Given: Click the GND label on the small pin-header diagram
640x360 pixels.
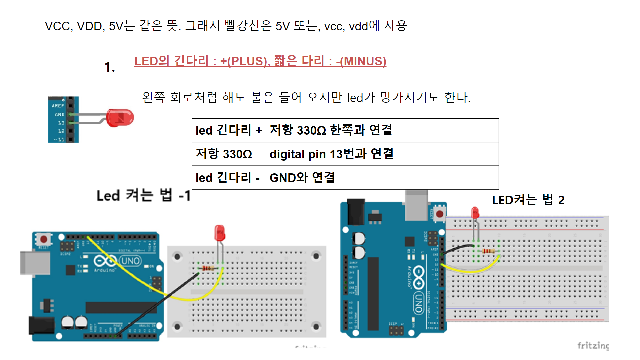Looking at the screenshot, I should pyautogui.click(x=59, y=115).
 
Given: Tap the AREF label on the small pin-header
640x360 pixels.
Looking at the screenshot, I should pyautogui.click(x=58, y=106).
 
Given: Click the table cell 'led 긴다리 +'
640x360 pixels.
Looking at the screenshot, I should pyautogui.click(x=229, y=130).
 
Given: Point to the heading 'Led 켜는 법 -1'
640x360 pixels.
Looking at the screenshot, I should pyautogui.click(x=144, y=195).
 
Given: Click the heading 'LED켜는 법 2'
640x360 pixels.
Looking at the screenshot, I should pyautogui.click(x=528, y=200).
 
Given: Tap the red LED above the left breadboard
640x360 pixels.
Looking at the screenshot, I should pyautogui.click(x=219, y=233).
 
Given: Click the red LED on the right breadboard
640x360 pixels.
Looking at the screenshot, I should pyautogui.click(x=475, y=213).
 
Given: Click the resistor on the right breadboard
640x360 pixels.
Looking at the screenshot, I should pyautogui.click(x=488, y=251).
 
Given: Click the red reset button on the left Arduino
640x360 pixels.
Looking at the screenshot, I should pyautogui.click(x=44, y=239).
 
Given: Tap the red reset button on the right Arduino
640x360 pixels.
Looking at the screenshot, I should pyautogui.click(x=439, y=214).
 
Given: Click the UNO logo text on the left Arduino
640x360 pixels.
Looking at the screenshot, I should pyautogui.click(x=131, y=261).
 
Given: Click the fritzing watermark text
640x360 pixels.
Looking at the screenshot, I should pyautogui.click(x=593, y=345).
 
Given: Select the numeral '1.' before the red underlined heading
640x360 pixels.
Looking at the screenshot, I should pyautogui.click(x=110, y=67).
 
